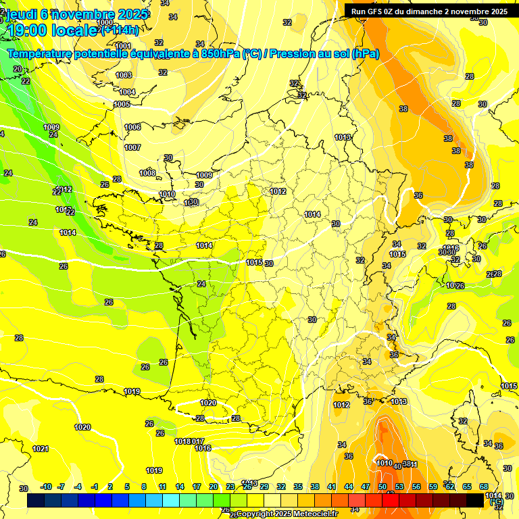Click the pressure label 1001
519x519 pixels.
[123, 46]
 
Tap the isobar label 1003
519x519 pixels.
[124, 75]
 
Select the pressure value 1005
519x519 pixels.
[122, 104]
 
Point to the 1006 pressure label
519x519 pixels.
[132, 127]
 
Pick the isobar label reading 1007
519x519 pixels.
[132, 147]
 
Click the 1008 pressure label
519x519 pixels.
[147, 173]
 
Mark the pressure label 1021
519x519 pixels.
[41, 449]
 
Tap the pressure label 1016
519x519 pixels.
[203, 448]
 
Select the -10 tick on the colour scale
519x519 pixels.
[46, 487]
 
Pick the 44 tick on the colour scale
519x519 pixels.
[349, 487]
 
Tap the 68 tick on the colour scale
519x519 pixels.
[484, 487]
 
